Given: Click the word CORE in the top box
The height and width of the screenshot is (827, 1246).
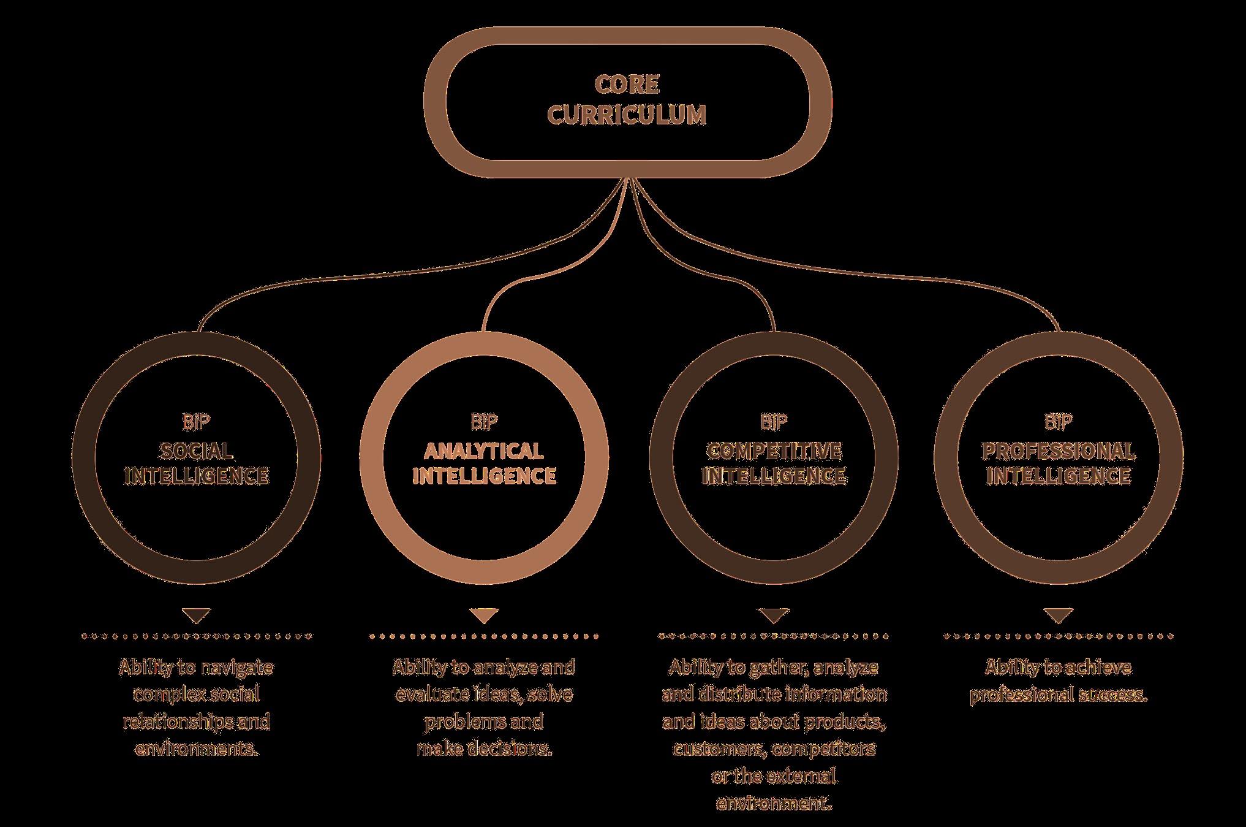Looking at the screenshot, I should [626, 85].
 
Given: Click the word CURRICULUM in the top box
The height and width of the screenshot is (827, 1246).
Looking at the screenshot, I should [626, 115].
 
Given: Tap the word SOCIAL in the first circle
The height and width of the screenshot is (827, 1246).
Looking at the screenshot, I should [196, 452].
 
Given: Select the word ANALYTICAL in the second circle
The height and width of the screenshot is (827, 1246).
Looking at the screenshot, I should [484, 452].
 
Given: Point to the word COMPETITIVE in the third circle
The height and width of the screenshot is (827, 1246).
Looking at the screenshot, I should [774, 452].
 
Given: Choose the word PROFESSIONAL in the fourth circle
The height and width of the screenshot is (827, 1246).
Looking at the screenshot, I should [1059, 452].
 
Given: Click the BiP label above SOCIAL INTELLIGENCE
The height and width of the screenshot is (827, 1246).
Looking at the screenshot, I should [196, 422].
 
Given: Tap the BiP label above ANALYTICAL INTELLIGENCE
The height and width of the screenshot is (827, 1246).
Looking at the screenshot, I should [484, 422].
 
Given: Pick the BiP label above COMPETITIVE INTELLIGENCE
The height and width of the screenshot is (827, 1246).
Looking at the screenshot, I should [774, 422].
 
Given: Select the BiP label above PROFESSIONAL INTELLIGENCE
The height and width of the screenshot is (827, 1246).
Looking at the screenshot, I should [1059, 422].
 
